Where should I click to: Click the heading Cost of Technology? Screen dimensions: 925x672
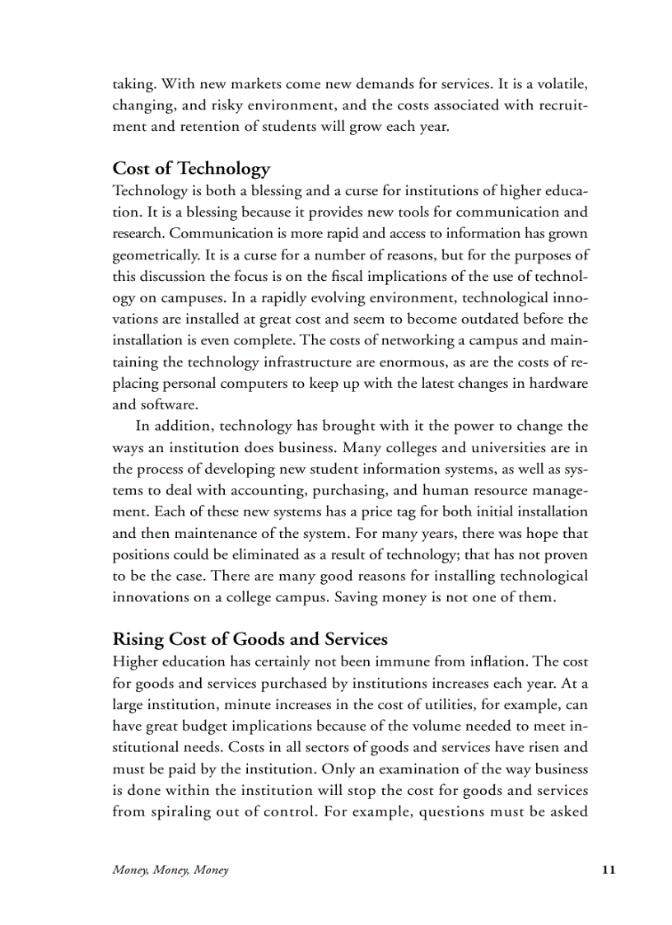[191, 169]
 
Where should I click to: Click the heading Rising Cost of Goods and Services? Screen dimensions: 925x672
[250, 639]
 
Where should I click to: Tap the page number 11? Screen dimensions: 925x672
[609, 870]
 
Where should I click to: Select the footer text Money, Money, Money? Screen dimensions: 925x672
[170, 871]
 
